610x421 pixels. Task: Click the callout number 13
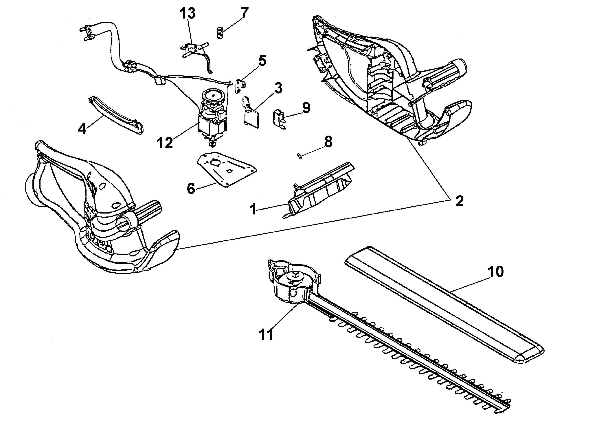188,14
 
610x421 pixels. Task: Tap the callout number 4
82,129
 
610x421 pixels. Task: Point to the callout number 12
165,143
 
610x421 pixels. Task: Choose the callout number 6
191,189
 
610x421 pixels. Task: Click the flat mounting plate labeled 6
227,170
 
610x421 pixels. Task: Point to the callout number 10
496,271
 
